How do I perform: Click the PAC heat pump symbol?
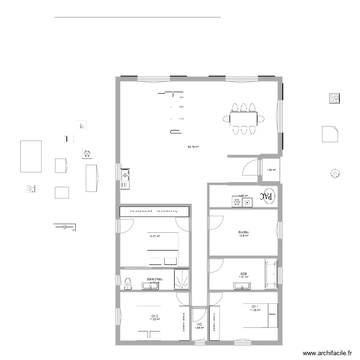click(x=267, y=196)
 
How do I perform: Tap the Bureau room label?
click(x=243, y=232)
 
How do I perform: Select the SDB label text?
click(x=243, y=274)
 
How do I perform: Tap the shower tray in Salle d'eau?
click(x=181, y=279)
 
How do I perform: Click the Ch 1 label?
click(x=254, y=306)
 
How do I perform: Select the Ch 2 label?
click(x=154, y=315)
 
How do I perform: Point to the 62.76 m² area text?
click(x=193, y=147)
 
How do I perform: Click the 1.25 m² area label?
click(x=271, y=170)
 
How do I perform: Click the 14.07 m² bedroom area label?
click(x=155, y=236)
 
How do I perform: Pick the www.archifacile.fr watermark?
click(x=324, y=352)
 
